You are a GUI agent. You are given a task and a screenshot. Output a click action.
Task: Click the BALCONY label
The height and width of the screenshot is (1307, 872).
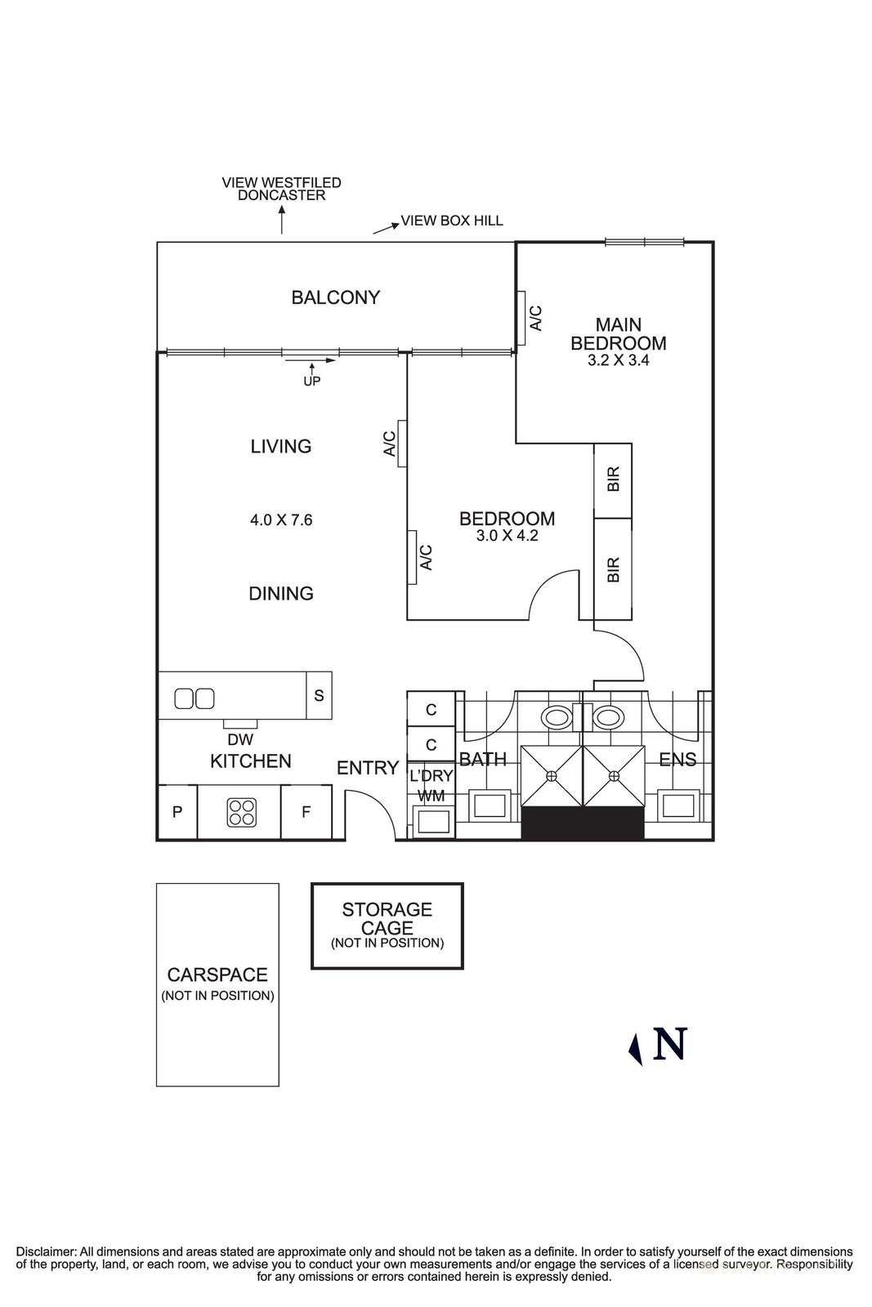click(x=336, y=297)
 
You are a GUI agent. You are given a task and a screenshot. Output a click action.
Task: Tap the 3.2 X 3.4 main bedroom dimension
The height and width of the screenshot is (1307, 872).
click(x=618, y=360)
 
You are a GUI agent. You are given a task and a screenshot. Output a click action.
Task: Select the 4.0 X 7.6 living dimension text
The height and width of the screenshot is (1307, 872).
click(x=281, y=520)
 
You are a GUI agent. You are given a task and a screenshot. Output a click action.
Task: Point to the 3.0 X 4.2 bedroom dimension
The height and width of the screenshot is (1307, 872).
click(x=507, y=535)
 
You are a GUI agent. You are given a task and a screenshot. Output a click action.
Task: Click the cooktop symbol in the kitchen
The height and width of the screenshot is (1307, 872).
click(x=241, y=813)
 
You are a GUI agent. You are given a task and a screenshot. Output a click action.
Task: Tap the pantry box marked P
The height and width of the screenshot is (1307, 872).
click(x=177, y=812)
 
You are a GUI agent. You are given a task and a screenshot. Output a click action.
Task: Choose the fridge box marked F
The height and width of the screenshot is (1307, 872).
click(x=306, y=812)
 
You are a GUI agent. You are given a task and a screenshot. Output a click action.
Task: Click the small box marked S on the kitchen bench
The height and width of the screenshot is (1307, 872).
click(x=319, y=695)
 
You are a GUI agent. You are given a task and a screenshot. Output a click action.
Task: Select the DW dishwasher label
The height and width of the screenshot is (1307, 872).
click(x=240, y=740)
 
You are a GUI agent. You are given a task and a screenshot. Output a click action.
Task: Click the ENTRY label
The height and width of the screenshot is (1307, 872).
click(x=368, y=768)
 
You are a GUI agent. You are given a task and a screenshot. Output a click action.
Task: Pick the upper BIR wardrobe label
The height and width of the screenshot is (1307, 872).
click(x=613, y=479)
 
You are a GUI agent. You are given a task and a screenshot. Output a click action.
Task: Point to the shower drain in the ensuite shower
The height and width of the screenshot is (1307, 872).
click(x=614, y=776)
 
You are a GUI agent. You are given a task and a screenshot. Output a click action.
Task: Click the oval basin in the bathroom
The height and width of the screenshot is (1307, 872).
click(x=557, y=717)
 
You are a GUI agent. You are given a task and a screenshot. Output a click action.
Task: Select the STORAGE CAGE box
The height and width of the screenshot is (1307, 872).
click(x=387, y=926)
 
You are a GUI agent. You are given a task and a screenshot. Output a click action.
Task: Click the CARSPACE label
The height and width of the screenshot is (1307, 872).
click(x=217, y=975)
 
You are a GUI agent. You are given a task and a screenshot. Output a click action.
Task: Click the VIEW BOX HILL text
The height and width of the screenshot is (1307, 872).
click(x=452, y=221)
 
